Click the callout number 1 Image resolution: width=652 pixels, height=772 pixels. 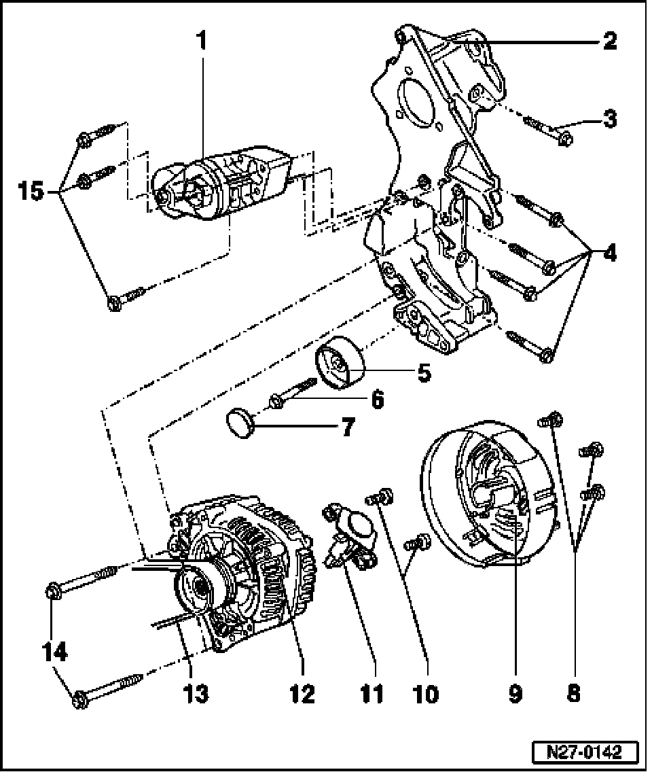point(201,41)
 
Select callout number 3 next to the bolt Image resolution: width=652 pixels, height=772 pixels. point(609,120)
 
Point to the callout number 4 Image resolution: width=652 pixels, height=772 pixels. point(609,254)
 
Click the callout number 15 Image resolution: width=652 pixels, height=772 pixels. point(31,191)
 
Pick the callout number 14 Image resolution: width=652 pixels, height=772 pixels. point(54,653)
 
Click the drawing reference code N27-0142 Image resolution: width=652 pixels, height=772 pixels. point(585,753)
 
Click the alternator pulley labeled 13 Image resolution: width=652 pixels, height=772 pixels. point(199,589)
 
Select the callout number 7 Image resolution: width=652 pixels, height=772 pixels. point(346,428)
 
